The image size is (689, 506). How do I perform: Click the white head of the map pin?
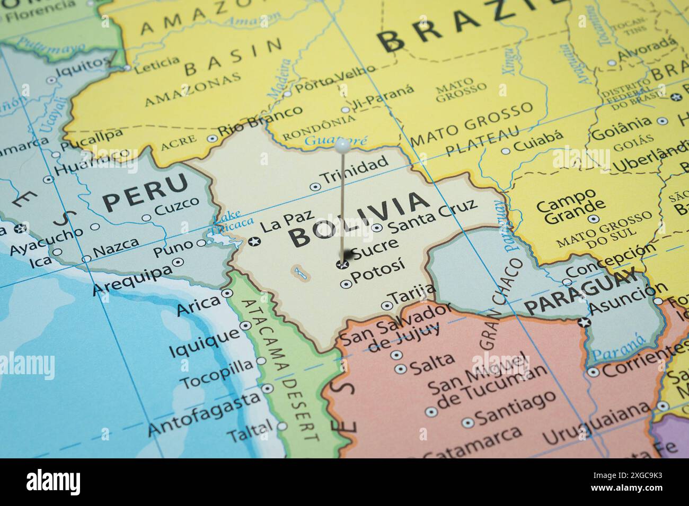tap(341, 143)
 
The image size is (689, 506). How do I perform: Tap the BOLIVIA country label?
tap(359, 219)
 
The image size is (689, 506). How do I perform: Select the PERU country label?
tap(145, 193)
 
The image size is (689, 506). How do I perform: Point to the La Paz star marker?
tap(254, 242)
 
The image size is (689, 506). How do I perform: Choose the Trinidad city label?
tap(355, 170)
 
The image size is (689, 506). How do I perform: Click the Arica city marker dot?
tap(227, 293)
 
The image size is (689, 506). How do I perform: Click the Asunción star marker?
tap(584, 322)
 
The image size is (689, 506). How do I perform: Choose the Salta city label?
tap(432, 362)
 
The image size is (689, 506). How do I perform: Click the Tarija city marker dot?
tap(386, 305)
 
